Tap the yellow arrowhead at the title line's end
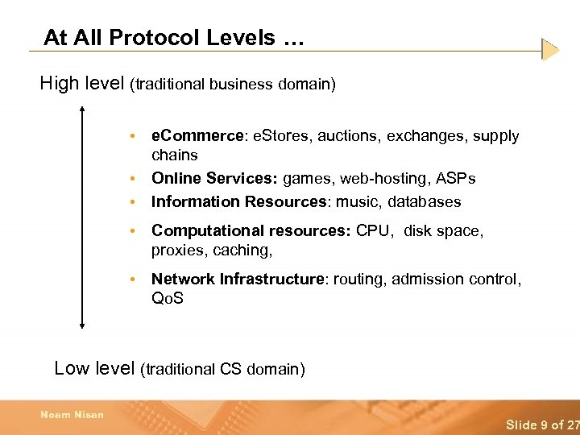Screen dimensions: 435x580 coord(550,50)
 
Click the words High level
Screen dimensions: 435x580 coord(82,83)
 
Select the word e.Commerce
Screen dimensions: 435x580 coord(197,136)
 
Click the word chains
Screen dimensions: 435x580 coord(174,155)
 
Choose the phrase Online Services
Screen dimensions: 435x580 coord(214,178)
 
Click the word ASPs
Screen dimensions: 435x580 coord(455,178)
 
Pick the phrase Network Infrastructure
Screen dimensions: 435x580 coord(237,279)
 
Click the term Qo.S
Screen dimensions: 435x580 coord(168,298)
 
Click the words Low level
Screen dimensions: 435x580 coord(93,368)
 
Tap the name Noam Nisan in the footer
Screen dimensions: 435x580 coord(72,416)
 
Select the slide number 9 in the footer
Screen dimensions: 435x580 coord(542,425)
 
